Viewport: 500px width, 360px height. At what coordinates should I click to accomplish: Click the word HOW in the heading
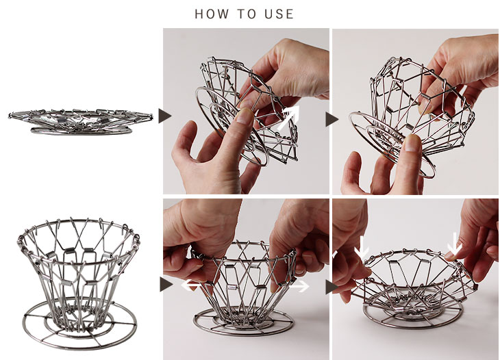pyautogui.click(x=212, y=14)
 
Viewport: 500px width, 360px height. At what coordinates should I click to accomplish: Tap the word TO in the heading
pyautogui.click(x=247, y=14)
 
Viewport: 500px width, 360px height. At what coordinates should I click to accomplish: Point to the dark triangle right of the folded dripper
pyautogui.click(x=164, y=116)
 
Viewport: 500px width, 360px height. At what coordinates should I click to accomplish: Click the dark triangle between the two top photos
pyautogui.click(x=332, y=120)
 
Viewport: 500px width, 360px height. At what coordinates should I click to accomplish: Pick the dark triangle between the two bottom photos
pyautogui.click(x=332, y=287)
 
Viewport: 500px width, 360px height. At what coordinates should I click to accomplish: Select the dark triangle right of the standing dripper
pyautogui.click(x=166, y=284)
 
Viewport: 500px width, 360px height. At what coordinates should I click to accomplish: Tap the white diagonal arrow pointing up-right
pyautogui.click(x=288, y=117)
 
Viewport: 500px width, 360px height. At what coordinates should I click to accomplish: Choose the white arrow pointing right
pyautogui.click(x=299, y=286)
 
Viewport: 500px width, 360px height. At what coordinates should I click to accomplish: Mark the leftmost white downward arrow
pyautogui.click(x=362, y=247)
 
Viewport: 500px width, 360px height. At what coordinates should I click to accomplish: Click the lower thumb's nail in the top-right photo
pyautogui.click(x=412, y=143)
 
